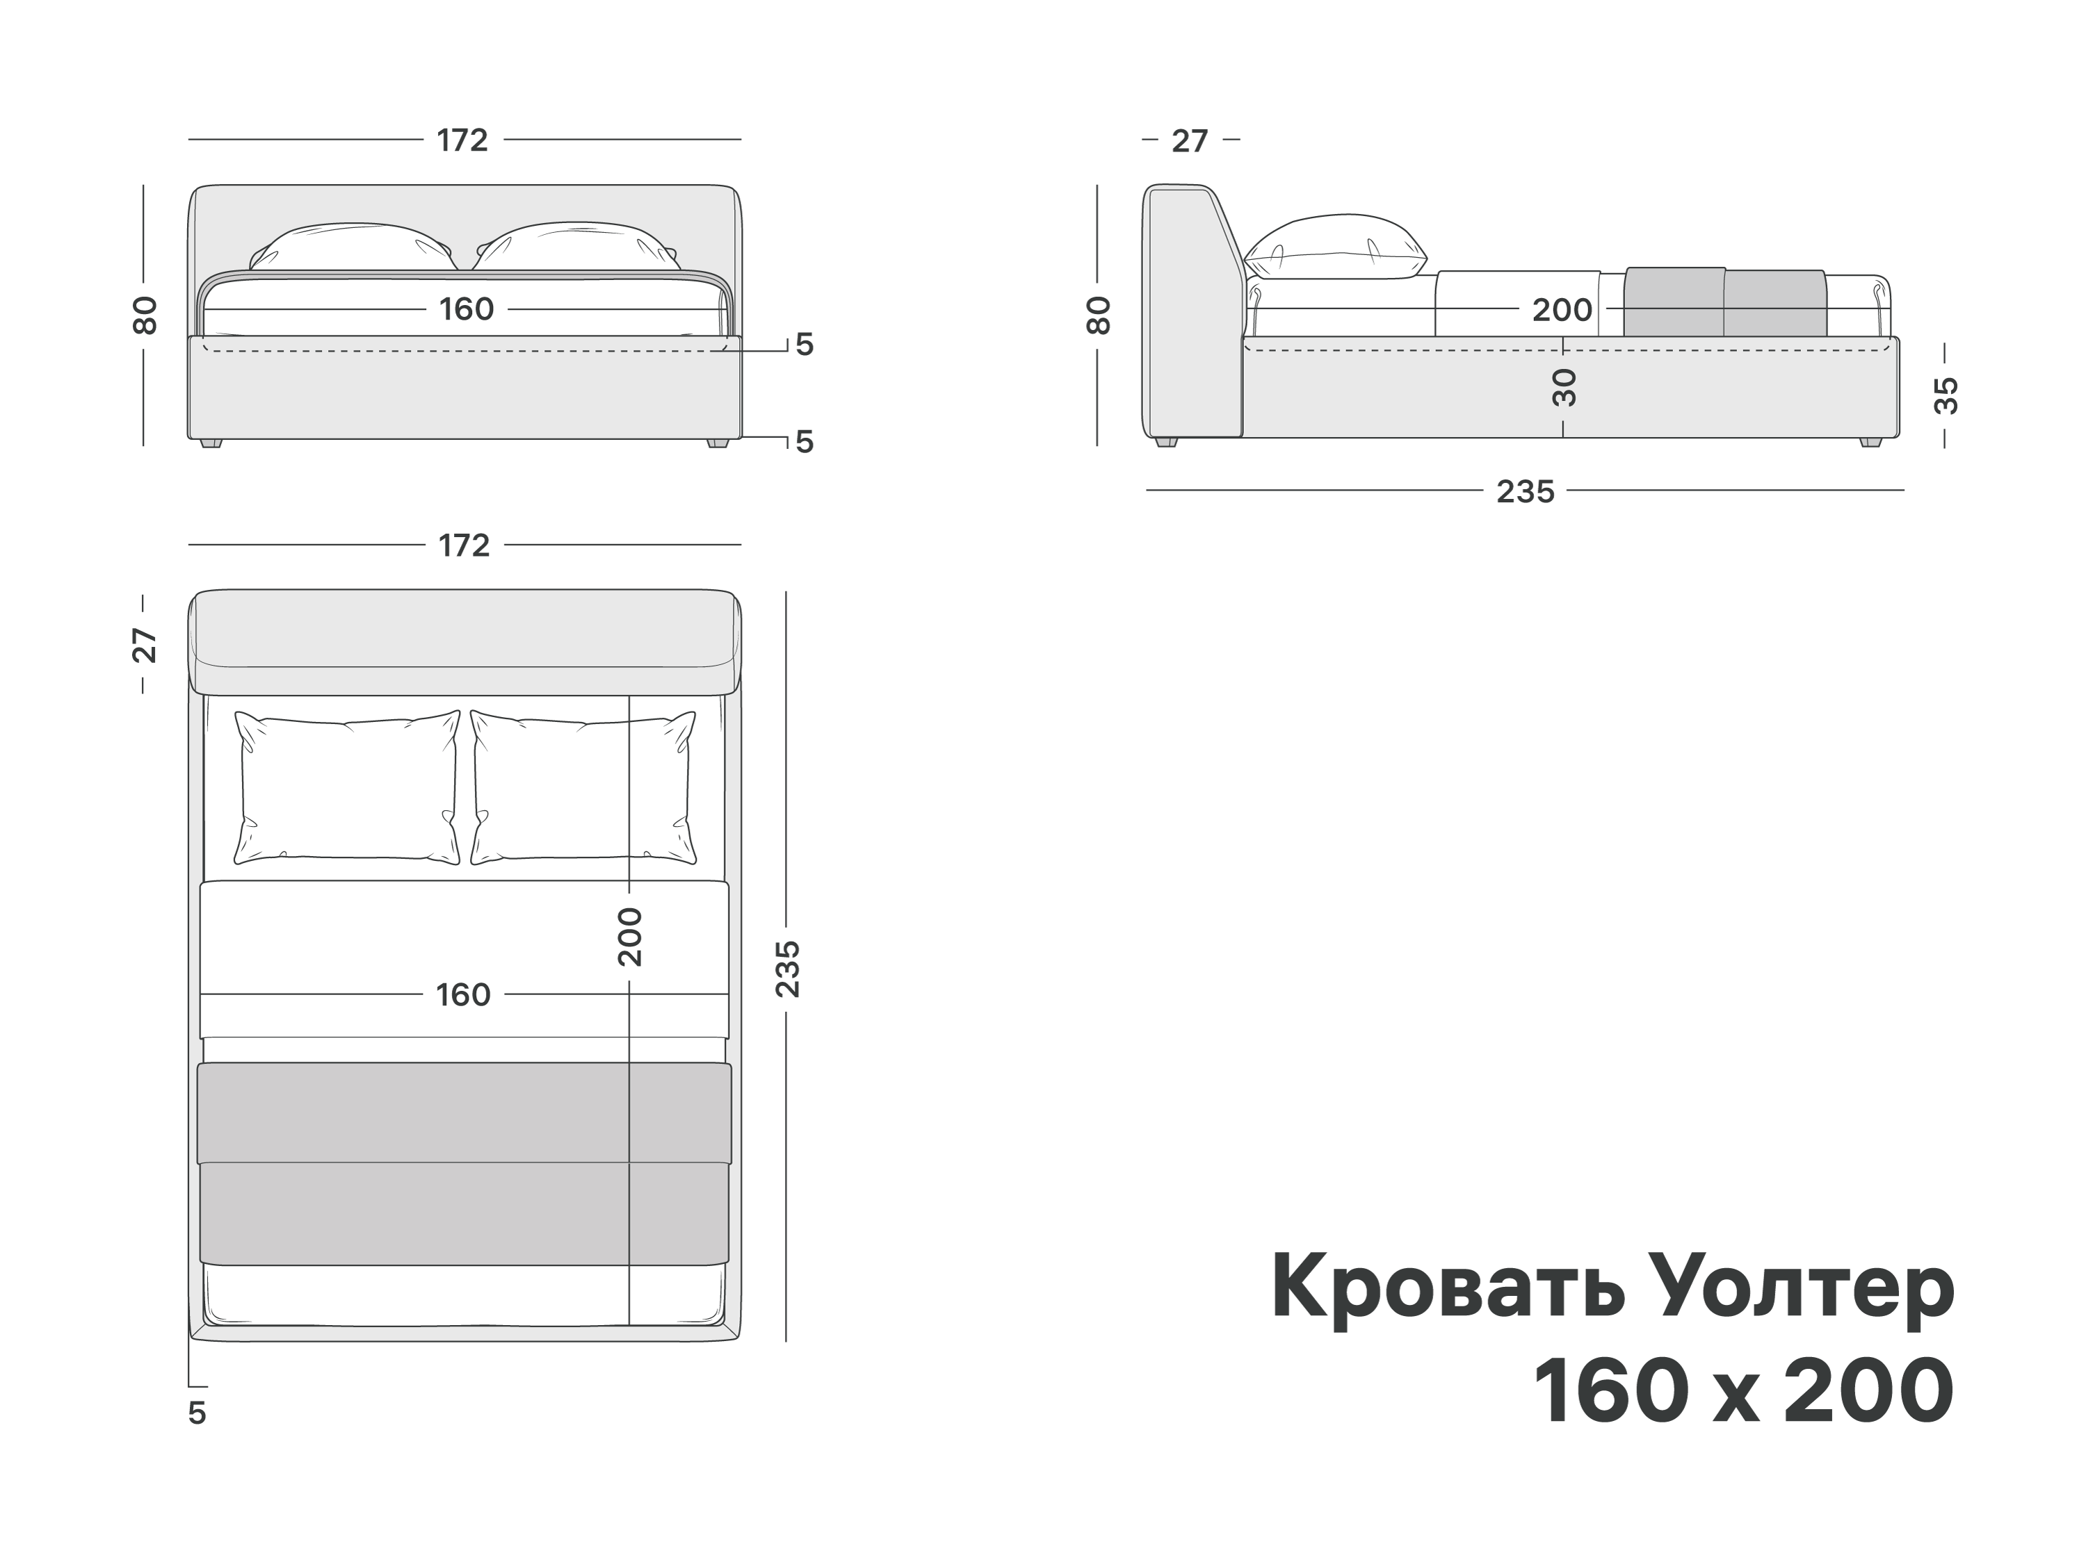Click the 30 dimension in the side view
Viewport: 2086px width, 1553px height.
(1563, 386)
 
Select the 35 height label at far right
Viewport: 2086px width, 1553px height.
(1945, 395)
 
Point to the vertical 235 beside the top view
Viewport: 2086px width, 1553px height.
(787, 968)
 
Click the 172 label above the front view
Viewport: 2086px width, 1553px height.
(462, 140)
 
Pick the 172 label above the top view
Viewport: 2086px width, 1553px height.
(464, 545)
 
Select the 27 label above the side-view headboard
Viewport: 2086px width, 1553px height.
(1190, 141)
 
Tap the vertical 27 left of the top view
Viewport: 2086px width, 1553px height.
(144, 645)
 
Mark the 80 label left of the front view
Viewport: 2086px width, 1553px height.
(144, 315)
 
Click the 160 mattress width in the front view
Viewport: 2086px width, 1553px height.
(467, 309)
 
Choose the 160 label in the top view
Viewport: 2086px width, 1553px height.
(462, 994)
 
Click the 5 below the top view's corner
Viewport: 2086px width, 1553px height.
(197, 1413)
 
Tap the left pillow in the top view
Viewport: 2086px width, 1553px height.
(347, 788)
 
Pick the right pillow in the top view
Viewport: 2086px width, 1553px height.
(583, 788)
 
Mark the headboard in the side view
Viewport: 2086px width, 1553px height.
(1190, 310)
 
